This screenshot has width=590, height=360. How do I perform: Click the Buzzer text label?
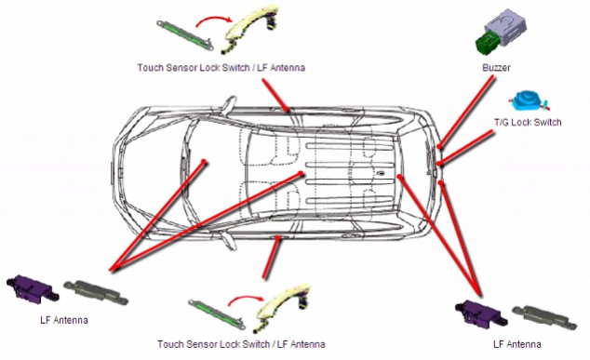496,68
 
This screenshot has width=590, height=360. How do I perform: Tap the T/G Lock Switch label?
528,123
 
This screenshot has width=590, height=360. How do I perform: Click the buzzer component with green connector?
500,33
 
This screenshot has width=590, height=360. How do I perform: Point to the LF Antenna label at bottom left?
64,320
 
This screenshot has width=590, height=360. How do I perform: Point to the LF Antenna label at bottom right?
517,344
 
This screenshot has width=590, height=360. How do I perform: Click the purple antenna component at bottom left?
33,288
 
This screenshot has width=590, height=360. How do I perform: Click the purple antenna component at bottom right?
481,313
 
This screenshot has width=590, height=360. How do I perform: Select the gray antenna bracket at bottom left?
96,292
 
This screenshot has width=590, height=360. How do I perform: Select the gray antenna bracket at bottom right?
544,316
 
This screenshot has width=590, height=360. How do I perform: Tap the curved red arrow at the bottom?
247,299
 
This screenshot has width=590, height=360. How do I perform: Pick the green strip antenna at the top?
185,34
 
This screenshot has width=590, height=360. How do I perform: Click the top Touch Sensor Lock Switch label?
221,68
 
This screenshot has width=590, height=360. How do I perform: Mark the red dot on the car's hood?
204,162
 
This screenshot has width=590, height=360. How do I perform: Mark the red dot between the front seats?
301,173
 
